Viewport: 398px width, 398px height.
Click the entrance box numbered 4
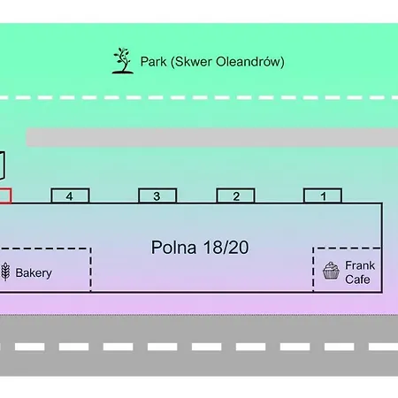tap(70, 195)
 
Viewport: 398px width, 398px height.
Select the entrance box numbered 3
tap(157, 195)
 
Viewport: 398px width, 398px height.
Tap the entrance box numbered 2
tap(235, 195)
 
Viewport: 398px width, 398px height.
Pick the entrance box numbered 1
tap(323, 195)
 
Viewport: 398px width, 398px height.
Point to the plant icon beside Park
tap(123, 61)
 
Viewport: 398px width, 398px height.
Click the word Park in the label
tap(153, 62)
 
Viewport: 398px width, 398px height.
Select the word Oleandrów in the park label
tap(250, 62)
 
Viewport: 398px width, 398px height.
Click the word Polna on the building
tap(173, 248)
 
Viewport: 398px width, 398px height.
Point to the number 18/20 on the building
tap(226, 248)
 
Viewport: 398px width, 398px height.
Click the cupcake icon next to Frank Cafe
tap(331, 271)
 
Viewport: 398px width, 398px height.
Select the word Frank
tap(360, 265)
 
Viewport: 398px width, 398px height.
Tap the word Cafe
tap(357, 279)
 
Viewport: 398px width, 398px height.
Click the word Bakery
tap(34, 273)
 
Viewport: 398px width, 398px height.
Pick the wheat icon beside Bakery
tap(5, 272)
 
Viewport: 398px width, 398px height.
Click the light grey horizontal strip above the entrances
tap(212, 137)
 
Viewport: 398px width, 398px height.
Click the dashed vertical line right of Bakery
tap(90, 270)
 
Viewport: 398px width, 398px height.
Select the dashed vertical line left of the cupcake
tap(313, 270)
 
